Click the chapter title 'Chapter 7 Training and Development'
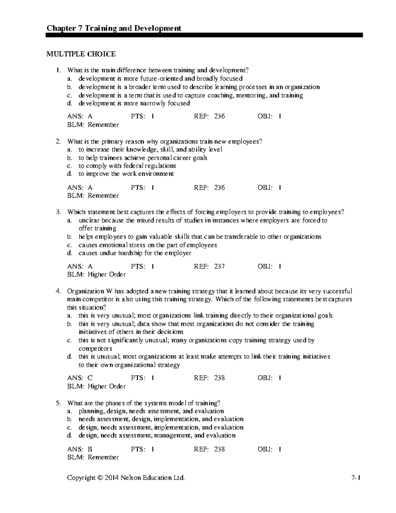114,28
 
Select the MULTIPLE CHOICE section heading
81,54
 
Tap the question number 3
58,212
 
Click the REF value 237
219,266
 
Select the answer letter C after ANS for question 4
90,378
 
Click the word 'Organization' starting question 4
85,291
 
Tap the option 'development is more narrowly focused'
134,103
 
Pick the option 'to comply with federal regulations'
127,166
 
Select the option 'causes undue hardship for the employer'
135,253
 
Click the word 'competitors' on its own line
95,348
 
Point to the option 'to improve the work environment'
126,174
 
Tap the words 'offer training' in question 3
97,229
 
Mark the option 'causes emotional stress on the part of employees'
148,245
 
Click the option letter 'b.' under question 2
69,158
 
